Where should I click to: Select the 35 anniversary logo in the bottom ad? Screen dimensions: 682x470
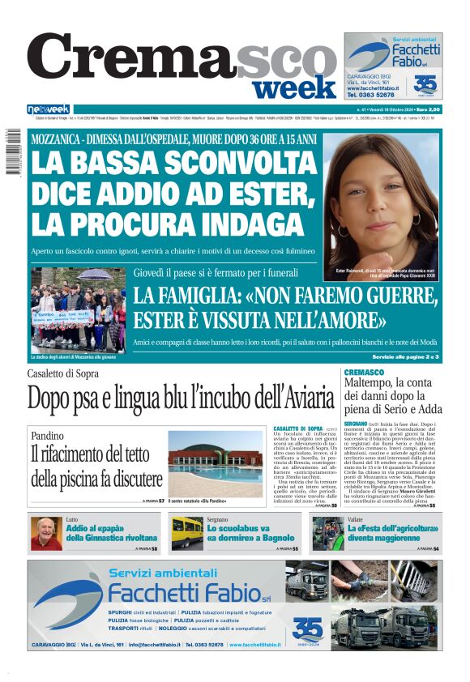[307, 628]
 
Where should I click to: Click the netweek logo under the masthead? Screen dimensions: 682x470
[49, 109]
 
